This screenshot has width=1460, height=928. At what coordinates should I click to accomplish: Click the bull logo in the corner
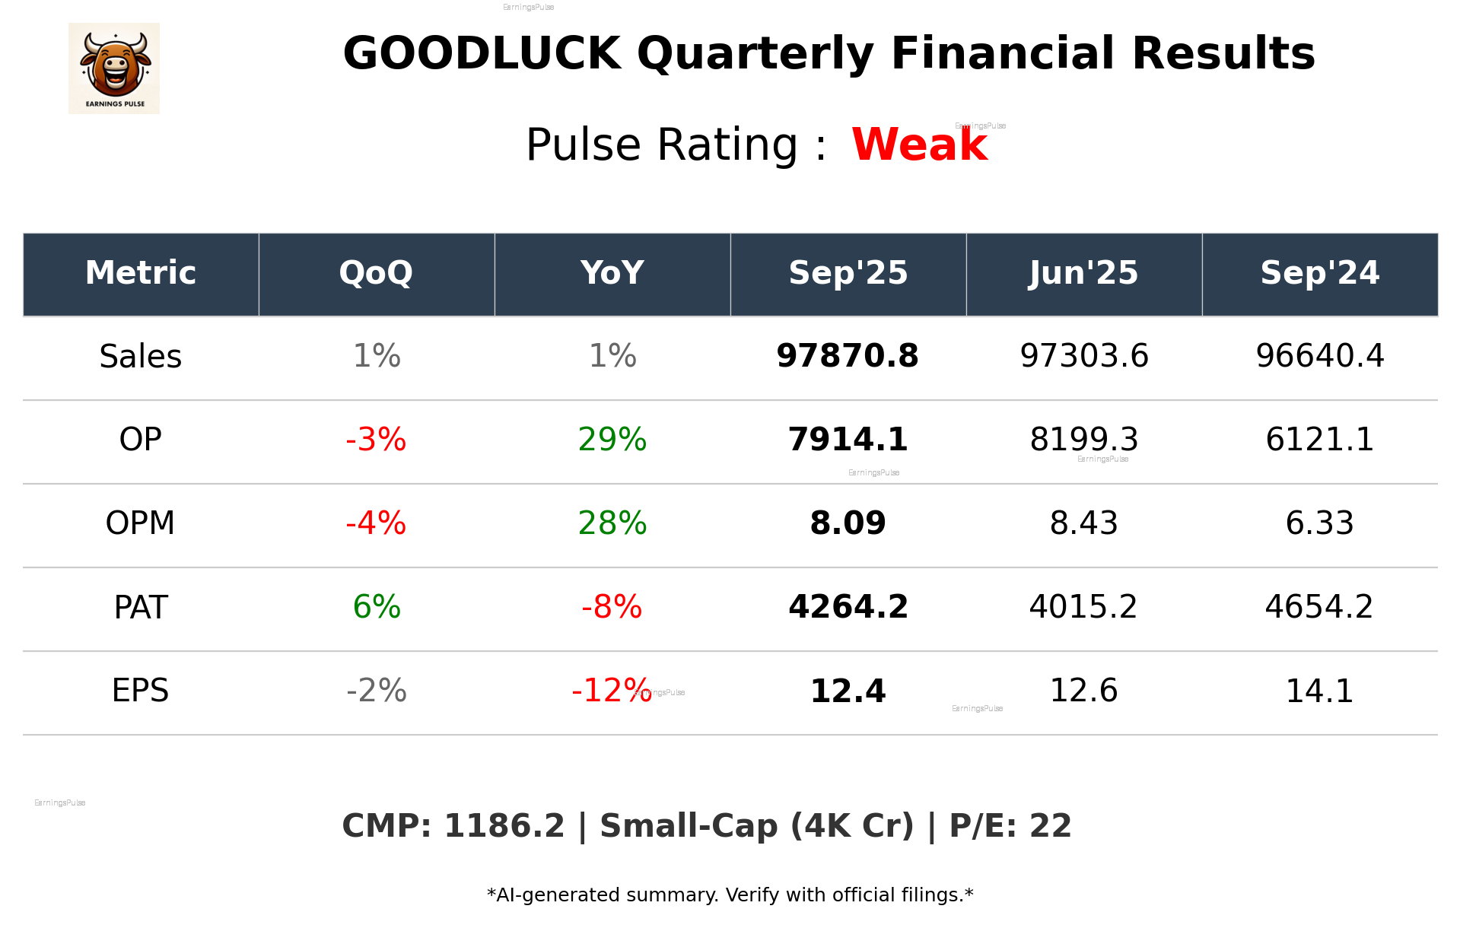114,68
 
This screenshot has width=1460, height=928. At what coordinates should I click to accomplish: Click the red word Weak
919,145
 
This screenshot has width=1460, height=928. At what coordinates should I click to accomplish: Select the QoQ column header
376,273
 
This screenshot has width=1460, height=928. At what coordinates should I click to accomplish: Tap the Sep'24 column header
1319,273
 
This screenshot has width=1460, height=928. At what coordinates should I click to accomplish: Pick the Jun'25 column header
1083,273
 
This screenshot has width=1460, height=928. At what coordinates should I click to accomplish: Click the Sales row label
141,357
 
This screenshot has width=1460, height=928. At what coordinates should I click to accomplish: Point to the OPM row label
141,523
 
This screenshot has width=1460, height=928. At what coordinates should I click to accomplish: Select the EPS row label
141,691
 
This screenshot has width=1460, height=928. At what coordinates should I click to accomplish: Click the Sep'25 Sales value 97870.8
848,357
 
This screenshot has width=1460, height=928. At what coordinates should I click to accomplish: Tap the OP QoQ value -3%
376,440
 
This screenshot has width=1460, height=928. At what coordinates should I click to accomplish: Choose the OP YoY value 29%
612,440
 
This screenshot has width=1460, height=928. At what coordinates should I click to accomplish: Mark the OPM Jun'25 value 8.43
1083,523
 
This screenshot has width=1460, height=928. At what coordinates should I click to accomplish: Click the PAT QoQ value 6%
377,607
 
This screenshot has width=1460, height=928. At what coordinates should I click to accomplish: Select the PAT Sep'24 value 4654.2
1319,607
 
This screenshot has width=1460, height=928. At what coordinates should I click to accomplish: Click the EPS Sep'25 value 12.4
848,691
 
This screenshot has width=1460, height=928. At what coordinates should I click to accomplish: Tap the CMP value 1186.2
504,827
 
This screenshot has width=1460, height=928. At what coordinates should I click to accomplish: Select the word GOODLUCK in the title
482,54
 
